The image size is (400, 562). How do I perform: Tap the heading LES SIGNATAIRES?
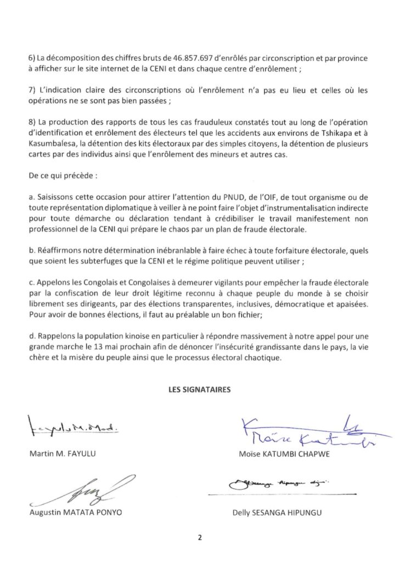click(200, 390)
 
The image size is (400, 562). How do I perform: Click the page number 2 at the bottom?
click(200, 537)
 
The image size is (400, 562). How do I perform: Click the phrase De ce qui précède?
click(57, 162)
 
